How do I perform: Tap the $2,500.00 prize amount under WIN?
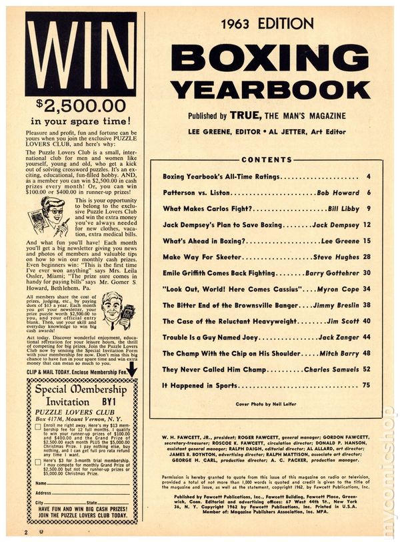(81, 104)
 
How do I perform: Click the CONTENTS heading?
(266, 160)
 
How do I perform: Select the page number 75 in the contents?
(366, 384)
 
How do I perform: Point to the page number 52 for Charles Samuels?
(366, 368)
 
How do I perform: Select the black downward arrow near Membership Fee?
(131, 368)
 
